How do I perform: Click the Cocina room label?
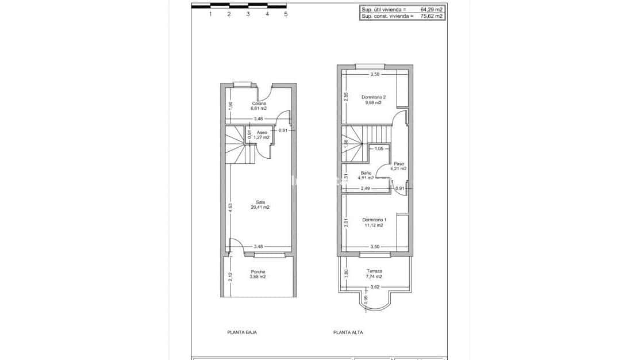(x=259, y=103)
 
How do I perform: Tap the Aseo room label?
(x=262, y=132)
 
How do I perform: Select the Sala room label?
(x=260, y=202)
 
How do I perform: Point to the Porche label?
(x=258, y=271)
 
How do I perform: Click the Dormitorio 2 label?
(x=374, y=97)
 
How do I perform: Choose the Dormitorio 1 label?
(x=374, y=219)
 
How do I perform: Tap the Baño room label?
(x=366, y=173)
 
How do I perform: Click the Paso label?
(x=398, y=163)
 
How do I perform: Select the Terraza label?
(x=374, y=271)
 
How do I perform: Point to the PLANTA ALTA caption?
(x=348, y=332)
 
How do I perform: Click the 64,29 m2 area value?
(x=432, y=10)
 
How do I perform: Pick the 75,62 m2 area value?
(x=432, y=17)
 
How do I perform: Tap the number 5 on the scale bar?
(x=286, y=14)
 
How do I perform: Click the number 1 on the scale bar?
(x=210, y=14)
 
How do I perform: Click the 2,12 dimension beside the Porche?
(x=229, y=275)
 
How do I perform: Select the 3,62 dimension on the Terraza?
(x=375, y=287)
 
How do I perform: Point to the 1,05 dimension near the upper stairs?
(x=379, y=149)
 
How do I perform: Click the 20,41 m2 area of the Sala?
(x=260, y=207)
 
